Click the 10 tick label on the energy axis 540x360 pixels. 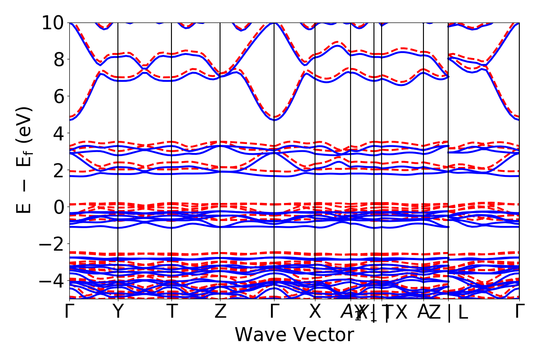pos(53,22)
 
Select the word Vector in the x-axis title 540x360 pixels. pos(322,335)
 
